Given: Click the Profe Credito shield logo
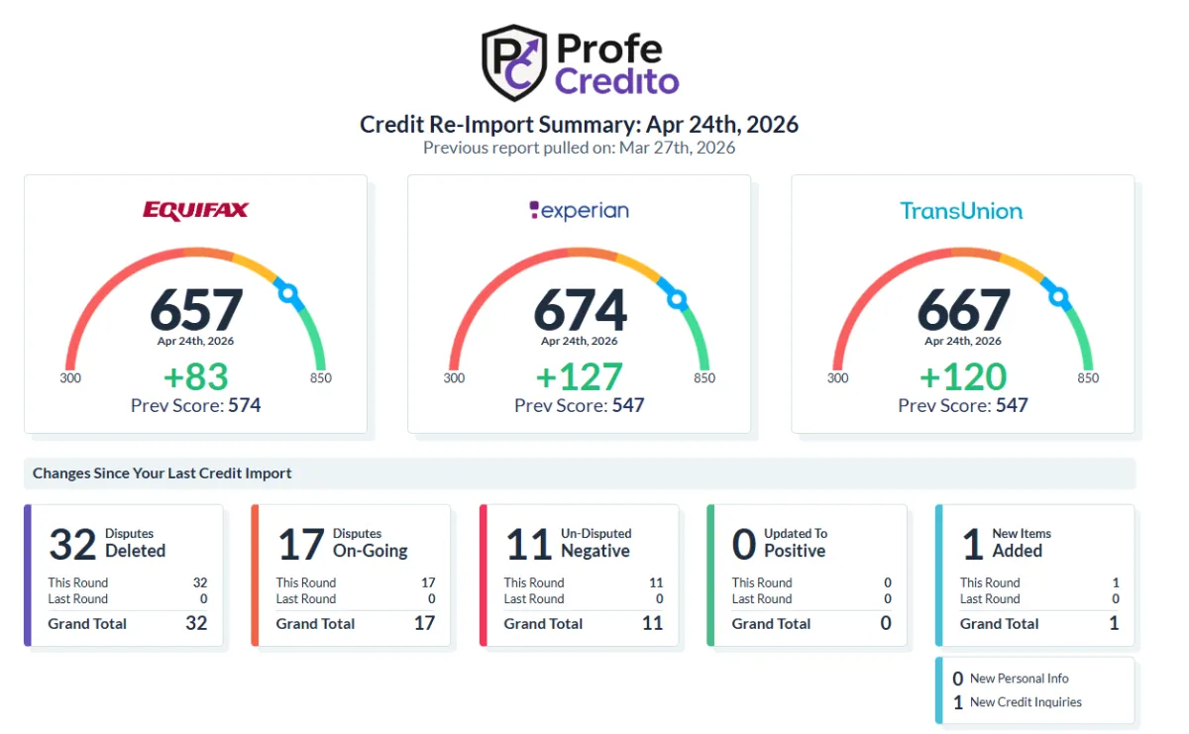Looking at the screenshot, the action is tap(514, 62).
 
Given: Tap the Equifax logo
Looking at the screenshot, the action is tap(195, 210).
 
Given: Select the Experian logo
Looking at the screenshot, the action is tap(579, 211).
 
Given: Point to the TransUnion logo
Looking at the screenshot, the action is tap(961, 211).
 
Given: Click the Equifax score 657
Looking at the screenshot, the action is tap(196, 309).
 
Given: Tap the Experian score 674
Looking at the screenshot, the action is tap(580, 309).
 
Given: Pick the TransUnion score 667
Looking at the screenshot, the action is tap(963, 309).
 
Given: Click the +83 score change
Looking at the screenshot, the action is tap(196, 376).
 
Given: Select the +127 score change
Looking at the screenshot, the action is tap(579, 376).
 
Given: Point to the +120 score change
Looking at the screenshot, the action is tap(963, 376).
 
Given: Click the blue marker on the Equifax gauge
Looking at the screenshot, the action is tap(288, 293).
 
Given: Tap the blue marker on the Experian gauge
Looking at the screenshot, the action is tap(677, 299).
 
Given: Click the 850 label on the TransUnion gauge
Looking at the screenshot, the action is tap(1088, 377).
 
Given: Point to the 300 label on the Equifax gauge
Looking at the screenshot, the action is tap(70, 377).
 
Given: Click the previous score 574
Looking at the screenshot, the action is tap(244, 405).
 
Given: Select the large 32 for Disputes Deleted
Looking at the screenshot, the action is tap(72, 544).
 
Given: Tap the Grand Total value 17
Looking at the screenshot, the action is tap(425, 623).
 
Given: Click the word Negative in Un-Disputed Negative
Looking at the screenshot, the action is tap(595, 551).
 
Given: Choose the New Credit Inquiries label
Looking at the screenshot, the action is tap(1026, 702).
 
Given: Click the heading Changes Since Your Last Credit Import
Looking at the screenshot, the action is tap(162, 472).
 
